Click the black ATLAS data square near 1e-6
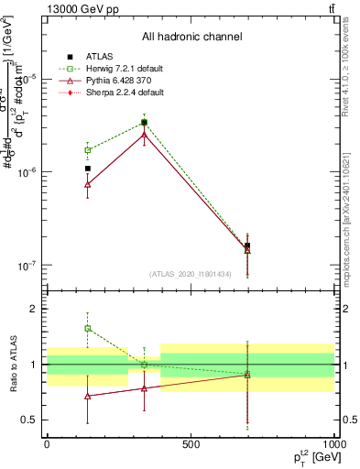click(x=88, y=169)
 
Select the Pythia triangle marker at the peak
click(x=144, y=134)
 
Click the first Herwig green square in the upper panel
click(x=88, y=149)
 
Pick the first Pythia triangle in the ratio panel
click(x=88, y=397)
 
